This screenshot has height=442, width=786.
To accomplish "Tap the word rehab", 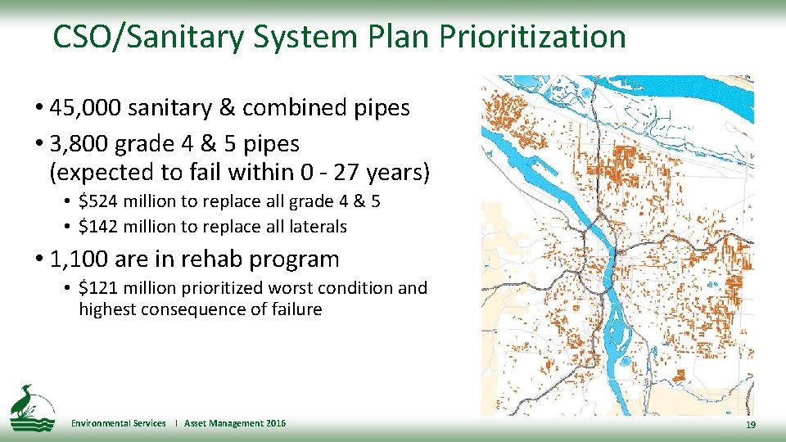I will coord(212,259).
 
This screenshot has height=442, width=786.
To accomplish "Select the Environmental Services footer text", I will coord(118,423).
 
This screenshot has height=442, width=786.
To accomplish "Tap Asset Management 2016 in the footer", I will coord(235,423).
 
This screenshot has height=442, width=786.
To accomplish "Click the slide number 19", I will coord(751,426).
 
